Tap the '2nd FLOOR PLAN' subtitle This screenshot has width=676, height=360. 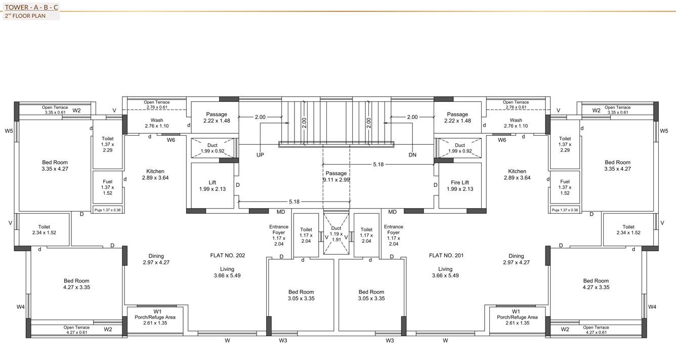coord(25,16)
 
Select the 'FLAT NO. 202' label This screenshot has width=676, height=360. coord(227,256)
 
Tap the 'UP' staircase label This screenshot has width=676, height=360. coord(260,155)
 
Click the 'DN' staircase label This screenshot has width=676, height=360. coord(412,155)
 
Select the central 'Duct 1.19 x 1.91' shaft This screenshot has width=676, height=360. coord(336,234)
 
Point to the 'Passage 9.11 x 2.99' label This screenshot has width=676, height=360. coord(336,176)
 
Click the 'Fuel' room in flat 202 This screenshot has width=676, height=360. coord(107,187)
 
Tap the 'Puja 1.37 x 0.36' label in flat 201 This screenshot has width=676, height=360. coord(565,210)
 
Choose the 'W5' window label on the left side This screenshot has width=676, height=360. coord(9,131)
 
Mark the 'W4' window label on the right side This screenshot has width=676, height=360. coord(652,307)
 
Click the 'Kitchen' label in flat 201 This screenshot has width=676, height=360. coord(517,175)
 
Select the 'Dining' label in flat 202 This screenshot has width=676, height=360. coord(156,259)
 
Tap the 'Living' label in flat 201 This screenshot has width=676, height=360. coord(445,272)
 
